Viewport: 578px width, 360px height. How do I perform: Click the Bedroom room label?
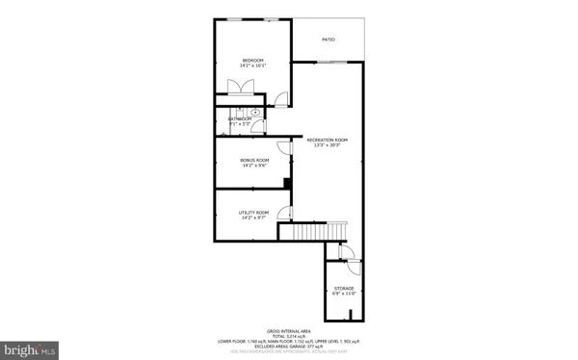pyautogui.click(x=253, y=61)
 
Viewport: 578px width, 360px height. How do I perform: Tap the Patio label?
pyautogui.click(x=328, y=39)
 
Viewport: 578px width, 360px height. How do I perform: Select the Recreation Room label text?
pyautogui.click(x=327, y=140)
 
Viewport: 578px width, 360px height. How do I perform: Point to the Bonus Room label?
pyautogui.click(x=253, y=161)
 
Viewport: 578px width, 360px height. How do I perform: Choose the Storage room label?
pyautogui.click(x=344, y=288)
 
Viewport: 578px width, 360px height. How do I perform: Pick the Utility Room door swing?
pyautogui.click(x=284, y=213)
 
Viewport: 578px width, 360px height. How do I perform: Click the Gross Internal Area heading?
pyautogui.click(x=288, y=329)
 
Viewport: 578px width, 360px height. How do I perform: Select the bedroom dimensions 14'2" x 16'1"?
pyautogui.click(x=253, y=66)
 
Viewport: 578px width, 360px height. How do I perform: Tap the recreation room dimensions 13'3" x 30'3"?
pyautogui.click(x=327, y=145)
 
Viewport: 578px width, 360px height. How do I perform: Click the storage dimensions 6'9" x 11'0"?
pyautogui.click(x=344, y=294)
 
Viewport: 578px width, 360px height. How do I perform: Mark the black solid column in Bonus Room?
pyautogui.click(x=287, y=183)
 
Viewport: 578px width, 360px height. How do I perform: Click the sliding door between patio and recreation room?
pyautogui.click(x=331, y=61)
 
